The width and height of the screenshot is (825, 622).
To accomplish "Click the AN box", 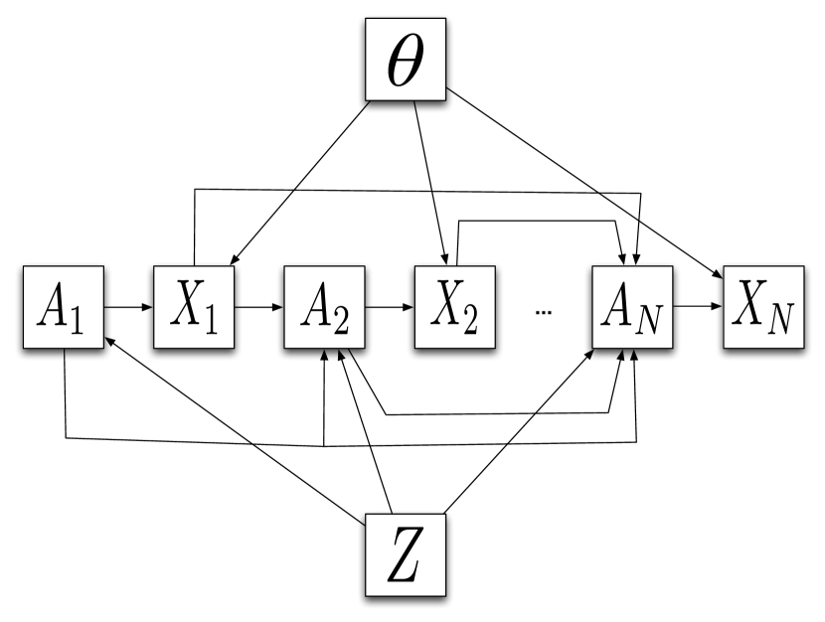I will coord(632,307).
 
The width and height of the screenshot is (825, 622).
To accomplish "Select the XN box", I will coord(762,307).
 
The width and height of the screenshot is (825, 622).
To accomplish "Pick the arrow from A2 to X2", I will coord(389,307).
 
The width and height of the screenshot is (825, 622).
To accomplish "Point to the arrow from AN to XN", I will coord(697,307).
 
